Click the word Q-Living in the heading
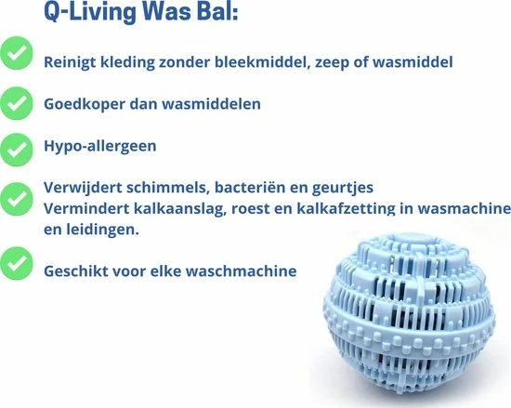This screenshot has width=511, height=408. tap(89, 12)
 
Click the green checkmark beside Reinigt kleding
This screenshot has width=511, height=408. tap(16, 53)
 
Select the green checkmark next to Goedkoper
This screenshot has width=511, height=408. tap(16, 103)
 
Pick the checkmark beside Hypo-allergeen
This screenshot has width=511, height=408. tap(16, 150)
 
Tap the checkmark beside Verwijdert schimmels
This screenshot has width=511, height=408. tap(16, 199)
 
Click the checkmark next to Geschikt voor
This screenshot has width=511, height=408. tap(16, 263)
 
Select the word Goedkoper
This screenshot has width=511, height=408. tap(85, 105)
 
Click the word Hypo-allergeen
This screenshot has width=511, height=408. tap(100, 146)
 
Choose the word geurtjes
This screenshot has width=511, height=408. tap(343, 188)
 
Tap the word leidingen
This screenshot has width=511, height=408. tap(103, 230)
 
